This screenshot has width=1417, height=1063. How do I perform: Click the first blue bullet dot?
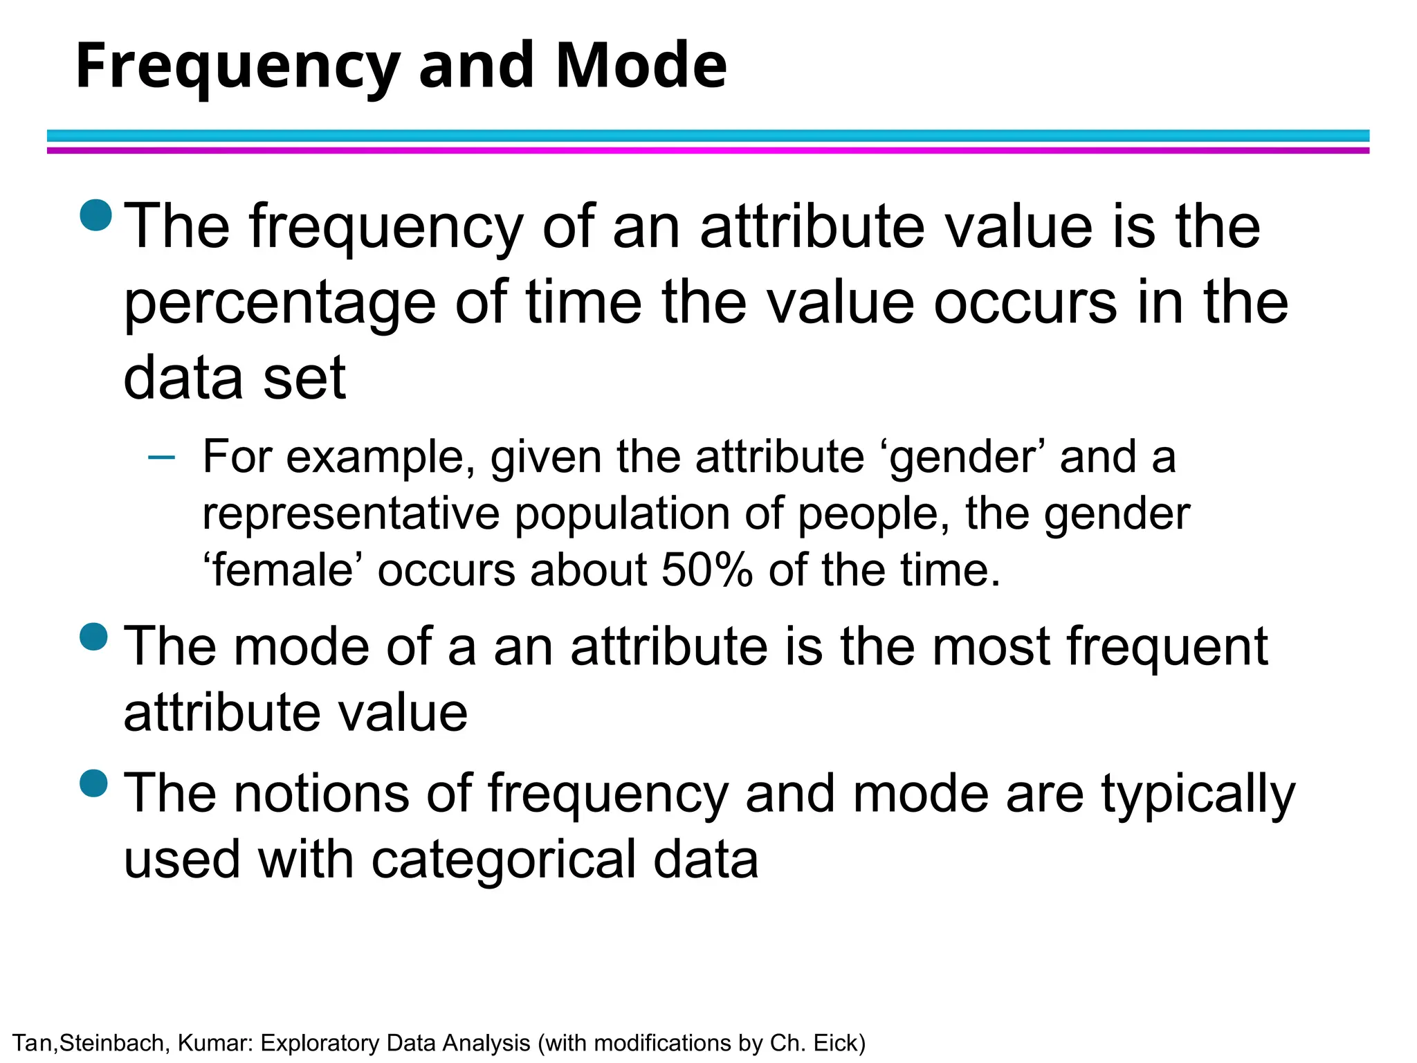95,215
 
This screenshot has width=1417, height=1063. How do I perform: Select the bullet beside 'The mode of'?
94,637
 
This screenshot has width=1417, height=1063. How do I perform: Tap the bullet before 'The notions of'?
94,783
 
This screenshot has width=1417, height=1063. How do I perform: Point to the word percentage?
280,305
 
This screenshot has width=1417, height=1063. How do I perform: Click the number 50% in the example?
706,570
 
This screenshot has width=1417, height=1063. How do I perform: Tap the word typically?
1198,794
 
